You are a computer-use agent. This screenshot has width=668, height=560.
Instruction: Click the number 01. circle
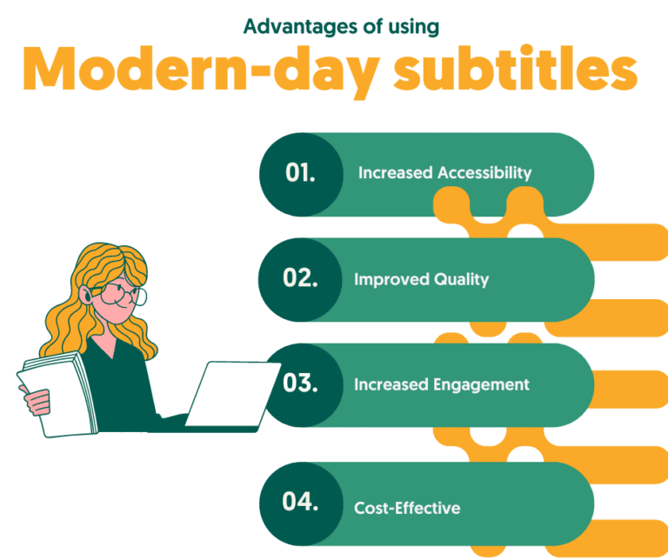(301, 173)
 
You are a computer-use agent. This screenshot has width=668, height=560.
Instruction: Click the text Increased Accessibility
(444, 173)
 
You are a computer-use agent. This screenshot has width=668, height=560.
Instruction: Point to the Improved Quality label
(421, 280)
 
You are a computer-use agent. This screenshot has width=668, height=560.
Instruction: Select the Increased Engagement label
(442, 383)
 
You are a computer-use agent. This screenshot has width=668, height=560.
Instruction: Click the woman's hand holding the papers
(39, 402)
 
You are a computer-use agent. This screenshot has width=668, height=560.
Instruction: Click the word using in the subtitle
(415, 26)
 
